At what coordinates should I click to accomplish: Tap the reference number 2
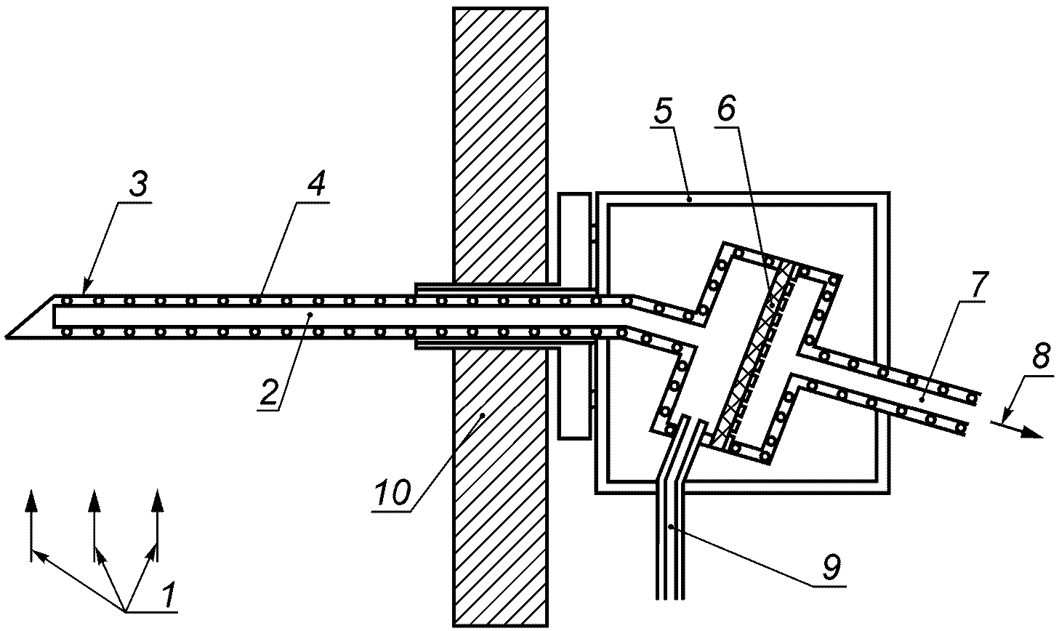pyautogui.click(x=268, y=393)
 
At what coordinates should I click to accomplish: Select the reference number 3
pyautogui.click(x=139, y=185)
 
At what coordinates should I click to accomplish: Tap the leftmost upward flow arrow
pyautogui.click(x=31, y=502)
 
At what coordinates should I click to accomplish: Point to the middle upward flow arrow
pyautogui.click(x=94, y=502)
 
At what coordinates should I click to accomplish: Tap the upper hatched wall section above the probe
pyautogui.click(x=499, y=145)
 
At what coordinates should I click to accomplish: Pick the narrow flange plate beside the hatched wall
pyautogui.click(x=573, y=316)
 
